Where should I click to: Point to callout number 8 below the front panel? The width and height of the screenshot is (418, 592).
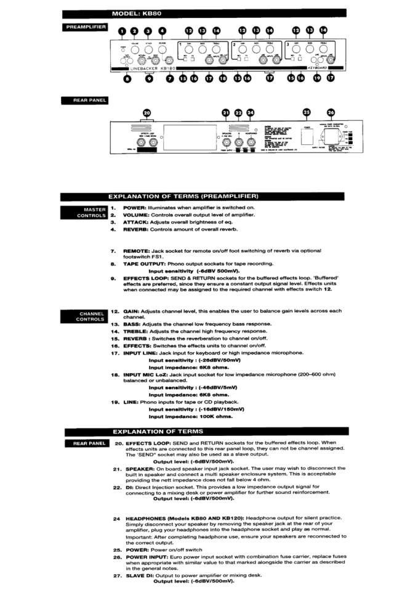(x=127, y=78)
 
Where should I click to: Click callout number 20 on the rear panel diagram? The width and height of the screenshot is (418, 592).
(x=147, y=112)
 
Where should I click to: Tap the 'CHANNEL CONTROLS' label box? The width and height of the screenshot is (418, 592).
(x=86, y=316)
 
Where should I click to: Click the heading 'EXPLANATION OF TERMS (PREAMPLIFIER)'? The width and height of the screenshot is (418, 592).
(x=182, y=196)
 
